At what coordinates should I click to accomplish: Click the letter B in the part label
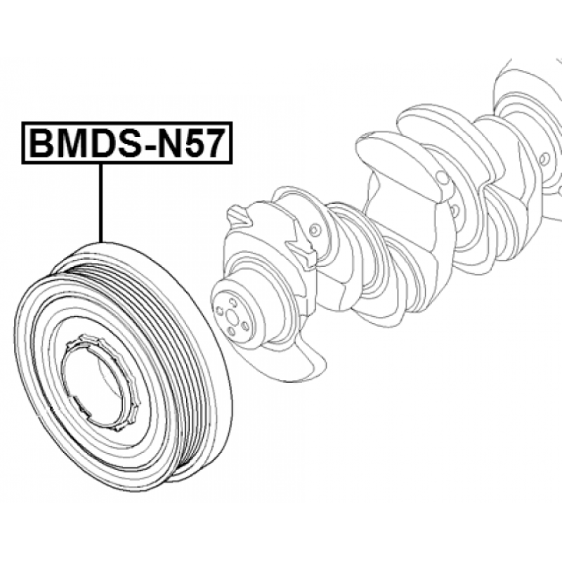point(41,143)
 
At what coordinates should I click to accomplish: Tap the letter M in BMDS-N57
point(71,143)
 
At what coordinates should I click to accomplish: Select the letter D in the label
point(101,143)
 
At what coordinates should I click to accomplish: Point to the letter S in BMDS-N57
point(128,143)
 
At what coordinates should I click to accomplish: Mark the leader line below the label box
point(101,203)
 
